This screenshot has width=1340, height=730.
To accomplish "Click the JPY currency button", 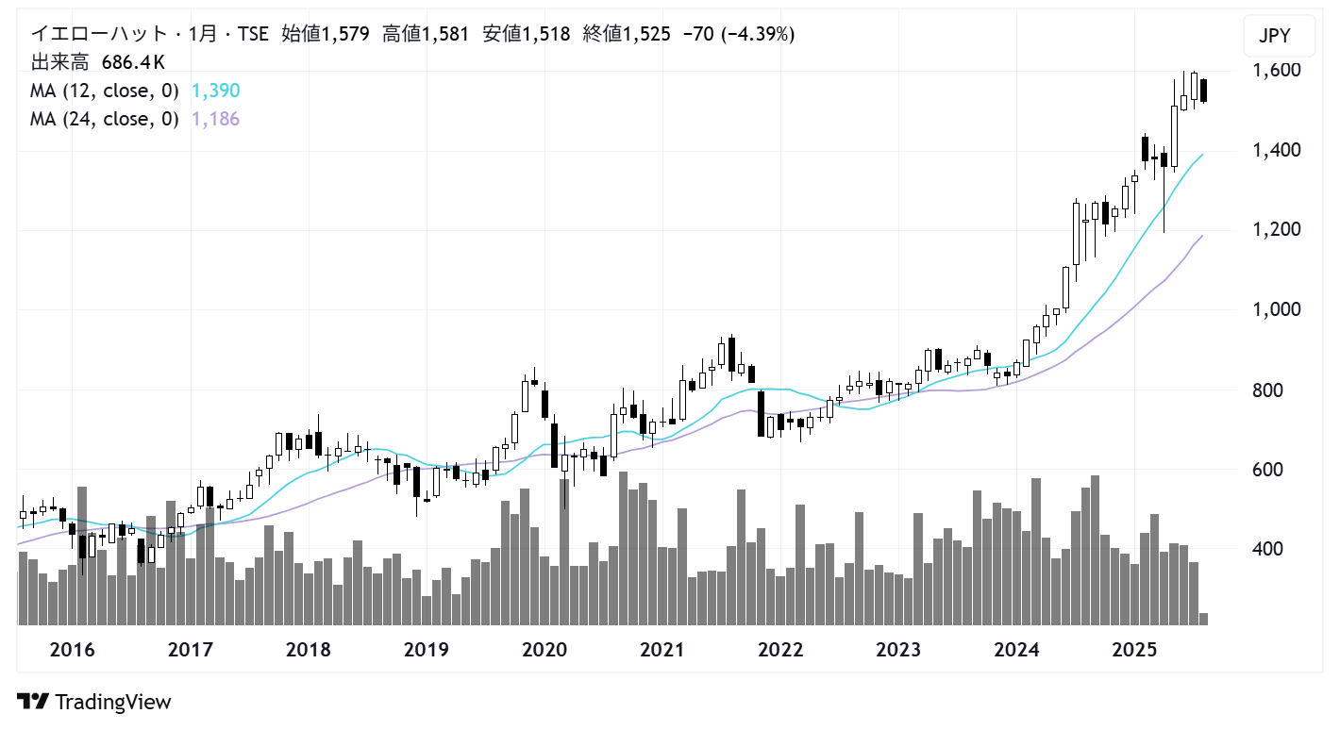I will [x=1274, y=38].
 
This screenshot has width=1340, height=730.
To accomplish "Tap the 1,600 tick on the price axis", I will [x=1277, y=70].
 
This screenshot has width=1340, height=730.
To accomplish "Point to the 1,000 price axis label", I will [x=1277, y=309].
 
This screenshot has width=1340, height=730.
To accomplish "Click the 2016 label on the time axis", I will [x=72, y=650].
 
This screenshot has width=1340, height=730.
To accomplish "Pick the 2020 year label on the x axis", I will [x=544, y=650].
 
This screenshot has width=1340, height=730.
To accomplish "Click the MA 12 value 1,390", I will [x=215, y=91].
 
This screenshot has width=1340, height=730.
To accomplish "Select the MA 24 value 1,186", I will [x=215, y=119].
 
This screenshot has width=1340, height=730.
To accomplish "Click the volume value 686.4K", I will [x=133, y=63].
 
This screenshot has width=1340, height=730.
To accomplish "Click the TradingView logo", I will [x=94, y=702].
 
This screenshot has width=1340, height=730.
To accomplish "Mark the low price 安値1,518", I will [x=526, y=35].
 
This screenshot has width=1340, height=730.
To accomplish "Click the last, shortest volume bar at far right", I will [x=1203, y=619].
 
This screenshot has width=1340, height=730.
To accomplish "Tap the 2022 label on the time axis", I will [x=780, y=650].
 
